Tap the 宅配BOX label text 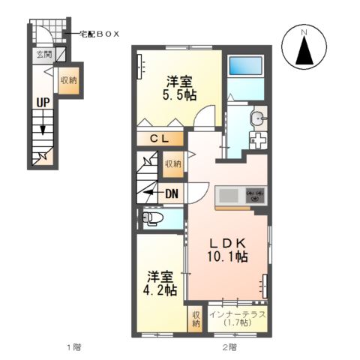pos(99,34)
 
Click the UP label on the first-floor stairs pos(40,103)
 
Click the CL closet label pos(163,138)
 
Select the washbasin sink pos(259,118)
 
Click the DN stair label pos(171,193)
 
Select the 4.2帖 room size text pos(160,289)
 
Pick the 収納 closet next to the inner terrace pos(196,319)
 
